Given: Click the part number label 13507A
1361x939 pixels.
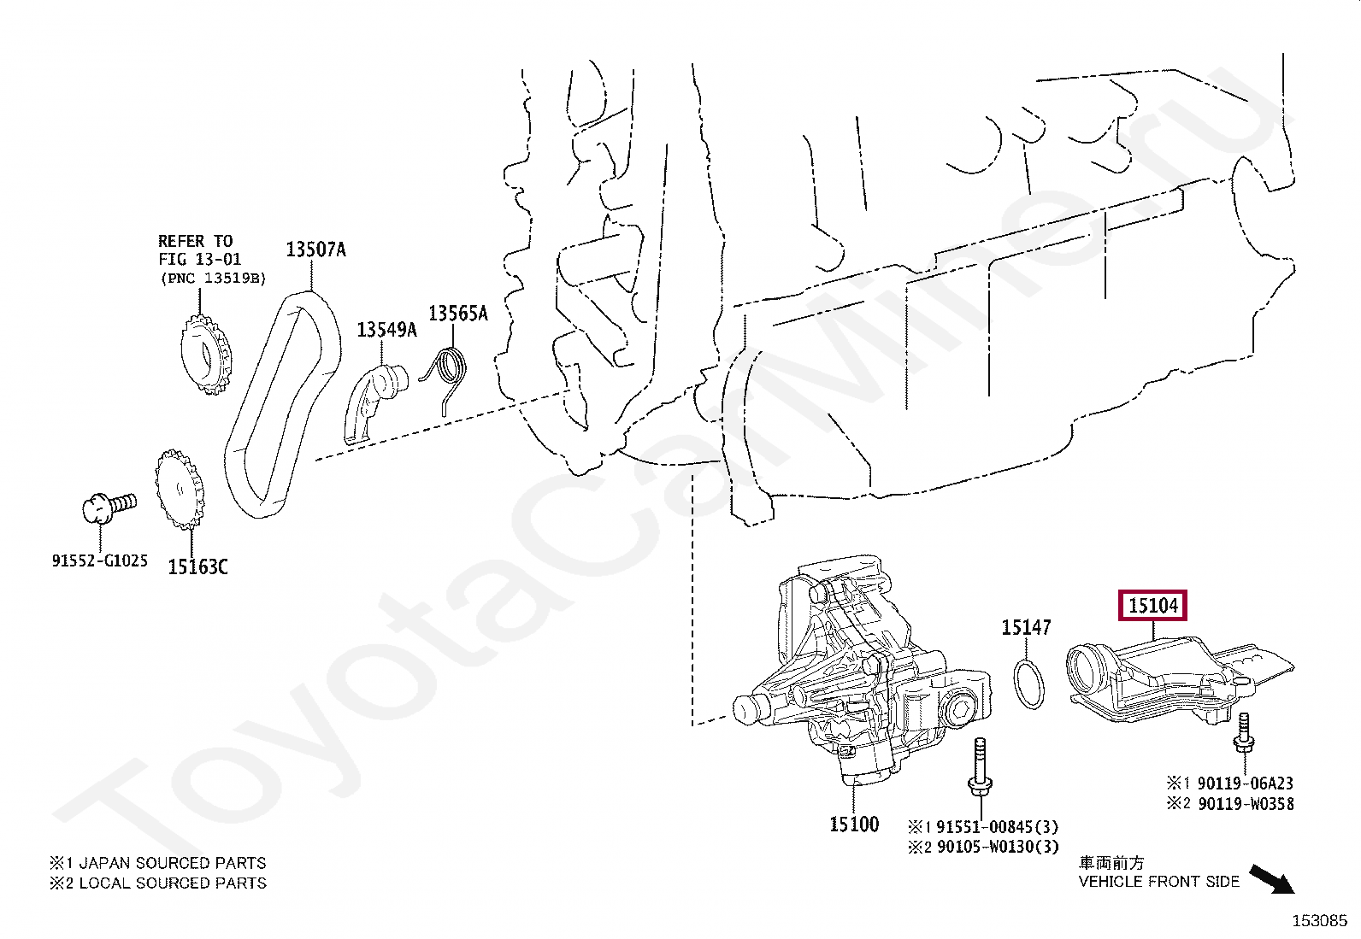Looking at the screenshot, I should pyautogui.click(x=315, y=249).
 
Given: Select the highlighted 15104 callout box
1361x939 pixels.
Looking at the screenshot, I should pyautogui.click(x=1153, y=606).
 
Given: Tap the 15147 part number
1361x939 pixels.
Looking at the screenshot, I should pyautogui.click(x=1026, y=628).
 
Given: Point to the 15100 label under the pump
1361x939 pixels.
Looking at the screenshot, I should pyautogui.click(x=853, y=824).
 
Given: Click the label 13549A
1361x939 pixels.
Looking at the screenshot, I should pyautogui.click(x=386, y=329).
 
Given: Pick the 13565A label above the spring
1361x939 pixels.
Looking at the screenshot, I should pyautogui.click(x=457, y=314).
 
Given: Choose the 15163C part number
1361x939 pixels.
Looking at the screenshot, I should pyautogui.click(x=197, y=566).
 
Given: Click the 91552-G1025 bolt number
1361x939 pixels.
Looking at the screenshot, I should pyautogui.click(x=99, y=561).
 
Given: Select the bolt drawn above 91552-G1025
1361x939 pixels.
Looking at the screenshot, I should pyautogui.click(x=106, y=506).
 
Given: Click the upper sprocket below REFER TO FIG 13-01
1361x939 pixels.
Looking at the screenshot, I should pyautogui.click(x=205, y=355).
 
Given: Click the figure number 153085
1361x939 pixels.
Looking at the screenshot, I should pyautogui.click(x=1318, y=920).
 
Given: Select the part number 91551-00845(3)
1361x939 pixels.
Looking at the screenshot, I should pyautogui.click(x=984, y=826).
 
